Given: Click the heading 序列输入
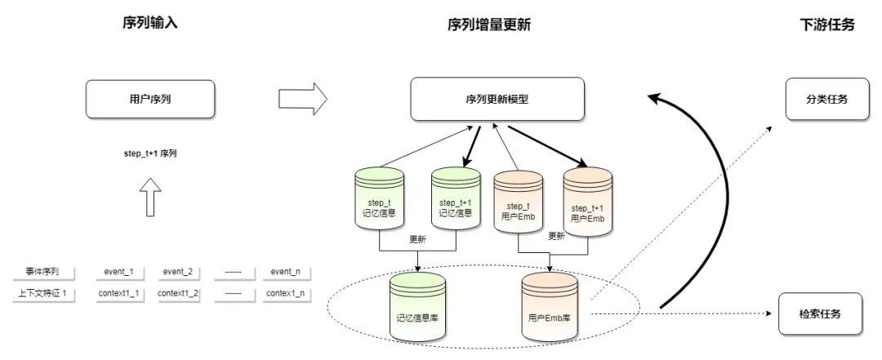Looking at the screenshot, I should point(150,23).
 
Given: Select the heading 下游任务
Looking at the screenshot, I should point(826,24).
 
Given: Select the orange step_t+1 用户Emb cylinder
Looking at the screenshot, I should point(586,206).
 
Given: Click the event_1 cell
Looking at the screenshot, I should point(119,272).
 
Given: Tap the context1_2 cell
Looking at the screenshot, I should point(178,293).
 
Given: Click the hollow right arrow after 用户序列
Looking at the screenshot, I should point(302,100).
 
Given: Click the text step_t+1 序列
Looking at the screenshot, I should point(150,153).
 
